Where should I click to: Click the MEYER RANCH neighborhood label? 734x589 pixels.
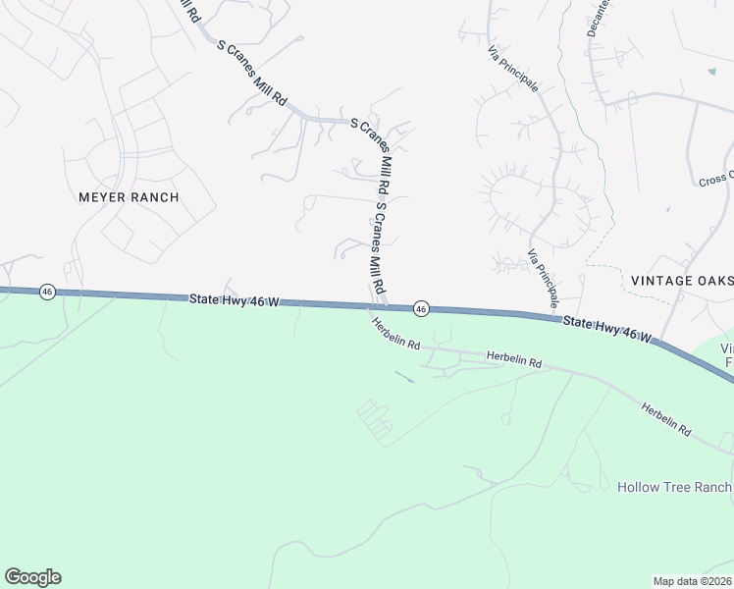click(x=129, y=197)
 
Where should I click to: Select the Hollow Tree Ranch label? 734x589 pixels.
click(x=674, y=487)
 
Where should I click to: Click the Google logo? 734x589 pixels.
click(x=32, y=577)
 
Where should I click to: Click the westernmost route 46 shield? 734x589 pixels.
click(x=46, y=292)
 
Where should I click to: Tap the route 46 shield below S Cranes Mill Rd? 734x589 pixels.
click(x=420, y=309)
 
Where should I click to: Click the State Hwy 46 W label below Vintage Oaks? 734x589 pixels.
click(x=606, y=330)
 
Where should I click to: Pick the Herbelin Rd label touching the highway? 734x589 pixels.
click(x=394, y=333)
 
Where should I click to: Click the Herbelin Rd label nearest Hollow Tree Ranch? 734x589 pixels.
click(x=667, y=419)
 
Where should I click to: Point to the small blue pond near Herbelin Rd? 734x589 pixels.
click(x=404, y=375)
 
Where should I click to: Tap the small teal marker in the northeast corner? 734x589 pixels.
click(x=711, y=72)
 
